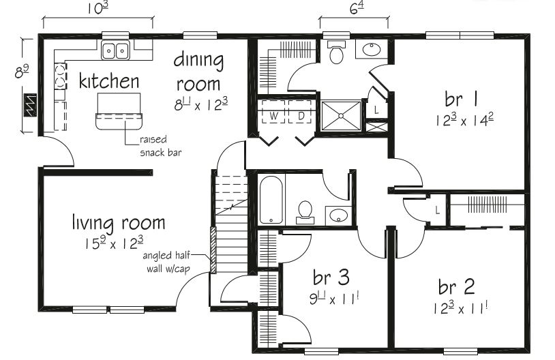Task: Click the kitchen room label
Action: (108, 81)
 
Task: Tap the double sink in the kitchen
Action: (116, 50)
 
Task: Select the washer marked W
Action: (273, 112)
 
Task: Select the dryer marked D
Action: (300, 112)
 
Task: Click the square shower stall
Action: (341, 115)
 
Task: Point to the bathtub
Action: (271, 200)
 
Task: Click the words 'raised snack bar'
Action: (161, 146)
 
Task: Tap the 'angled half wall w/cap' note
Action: (168, 262)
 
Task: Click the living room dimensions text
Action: (114, 243)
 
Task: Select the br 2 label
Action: (457, 287)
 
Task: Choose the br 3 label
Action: (331, 277)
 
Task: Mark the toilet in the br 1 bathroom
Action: (336, 52)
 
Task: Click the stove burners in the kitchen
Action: (60, 76)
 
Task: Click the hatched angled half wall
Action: (213, 250)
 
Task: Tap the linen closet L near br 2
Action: (438, 211)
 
